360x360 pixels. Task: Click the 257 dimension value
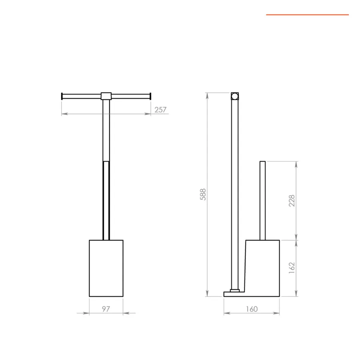point(160,110)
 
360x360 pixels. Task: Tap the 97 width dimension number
point(106,309)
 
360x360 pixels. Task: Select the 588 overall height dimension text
point(203,194)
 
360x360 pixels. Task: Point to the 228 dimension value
point(292,200)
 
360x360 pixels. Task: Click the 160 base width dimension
point(252,309)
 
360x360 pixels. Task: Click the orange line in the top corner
point(307,15)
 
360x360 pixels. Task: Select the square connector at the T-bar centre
point(106,96)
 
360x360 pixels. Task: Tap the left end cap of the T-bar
point(62,96)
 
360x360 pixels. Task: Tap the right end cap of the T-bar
point(150,96)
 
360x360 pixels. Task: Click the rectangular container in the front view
point(106,268)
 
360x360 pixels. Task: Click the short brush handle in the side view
point(262,200)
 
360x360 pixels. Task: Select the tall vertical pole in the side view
point(235,192)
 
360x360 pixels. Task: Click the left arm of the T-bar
point(82,96)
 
